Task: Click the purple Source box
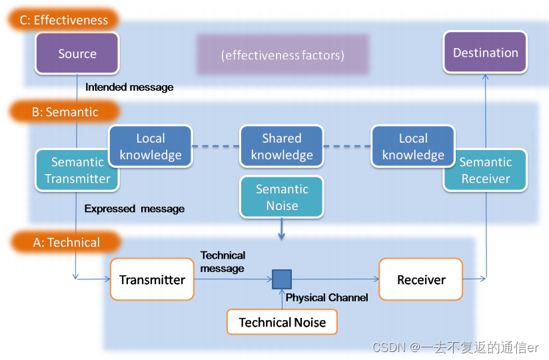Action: pos(77,53)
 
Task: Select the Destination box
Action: pos(485,53)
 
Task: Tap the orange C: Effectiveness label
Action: pos(64,20)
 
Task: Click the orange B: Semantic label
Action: pos(65,112)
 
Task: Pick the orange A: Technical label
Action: pos(66,242)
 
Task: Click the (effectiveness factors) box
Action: pos(282,55)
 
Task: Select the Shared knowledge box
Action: pos(282,147)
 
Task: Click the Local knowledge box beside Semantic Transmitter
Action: pos(150,147)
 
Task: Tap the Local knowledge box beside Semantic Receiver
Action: pos(413,147)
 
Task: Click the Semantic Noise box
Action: pos(282,197)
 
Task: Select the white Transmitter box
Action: pos(152,279)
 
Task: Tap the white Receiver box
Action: pos(420,279)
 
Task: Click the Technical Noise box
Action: pos(282,323)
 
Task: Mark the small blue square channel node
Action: pos(282,279)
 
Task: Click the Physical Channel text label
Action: pos(326,298)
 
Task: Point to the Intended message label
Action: pos(129,87)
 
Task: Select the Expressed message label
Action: pos(134,209)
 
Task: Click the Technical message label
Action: pos(223,261)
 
